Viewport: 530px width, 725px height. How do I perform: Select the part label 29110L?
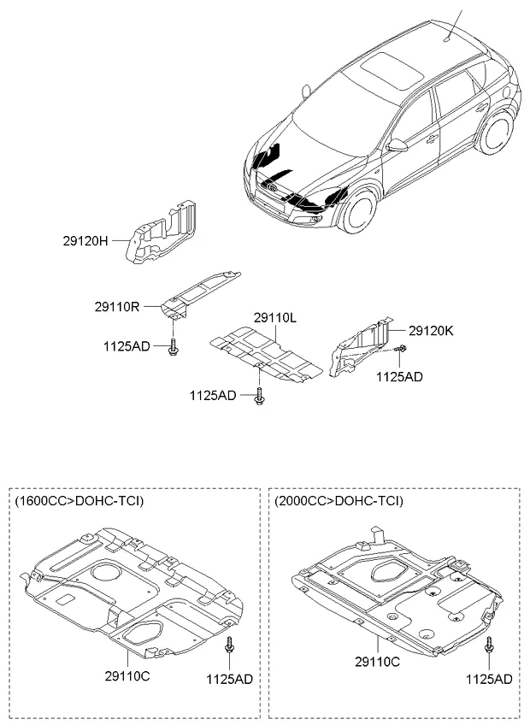pyautogui.click(x=274, y=318)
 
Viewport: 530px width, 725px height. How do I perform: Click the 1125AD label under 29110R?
pyautogui.click(x=127, y=345)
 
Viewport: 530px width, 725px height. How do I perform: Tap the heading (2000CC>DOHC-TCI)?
pyautogui.click(x=339, y=500)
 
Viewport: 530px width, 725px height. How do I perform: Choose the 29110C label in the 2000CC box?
pyautogui.click(x=378, y=662)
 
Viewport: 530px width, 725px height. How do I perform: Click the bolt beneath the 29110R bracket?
pyautogui.click(x=174, y=347)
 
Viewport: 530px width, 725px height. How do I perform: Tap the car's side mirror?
pyautogui.click(x=397, y=146)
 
